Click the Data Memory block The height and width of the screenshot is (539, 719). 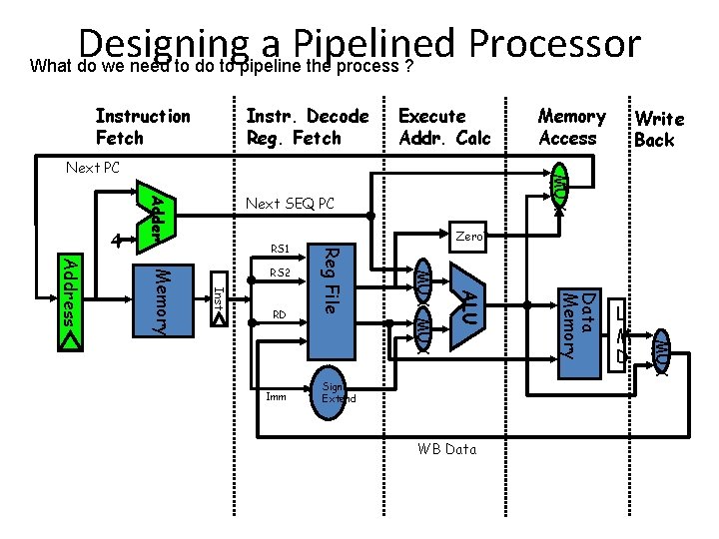coord(578,324)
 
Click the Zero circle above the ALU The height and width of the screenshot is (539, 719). coord(467,238)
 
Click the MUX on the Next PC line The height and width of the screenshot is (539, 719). coord(561,185)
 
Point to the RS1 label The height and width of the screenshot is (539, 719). coord(280,249)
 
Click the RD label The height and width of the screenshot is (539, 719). coord(280,316)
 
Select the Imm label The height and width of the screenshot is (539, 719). coord(277,396)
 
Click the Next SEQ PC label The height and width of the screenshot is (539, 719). coord(291,204)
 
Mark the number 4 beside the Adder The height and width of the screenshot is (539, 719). coord(117,240)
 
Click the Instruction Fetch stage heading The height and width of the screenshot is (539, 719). coord(142,127)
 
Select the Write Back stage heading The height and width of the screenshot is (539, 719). coord(659,130)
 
